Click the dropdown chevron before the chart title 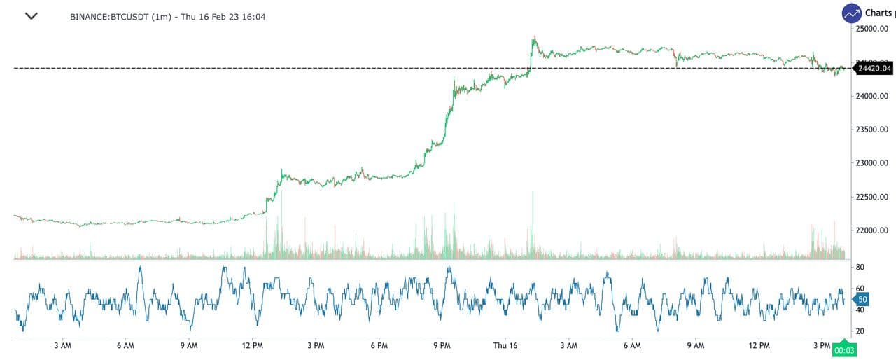31,15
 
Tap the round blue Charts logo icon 852,13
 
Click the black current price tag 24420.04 874,68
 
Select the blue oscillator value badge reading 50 862,299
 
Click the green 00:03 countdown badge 845,350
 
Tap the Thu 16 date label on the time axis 505,346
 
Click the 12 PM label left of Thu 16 252,346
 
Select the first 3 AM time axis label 63,346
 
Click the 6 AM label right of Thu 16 632,346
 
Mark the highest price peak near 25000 534,36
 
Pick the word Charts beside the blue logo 878,13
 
